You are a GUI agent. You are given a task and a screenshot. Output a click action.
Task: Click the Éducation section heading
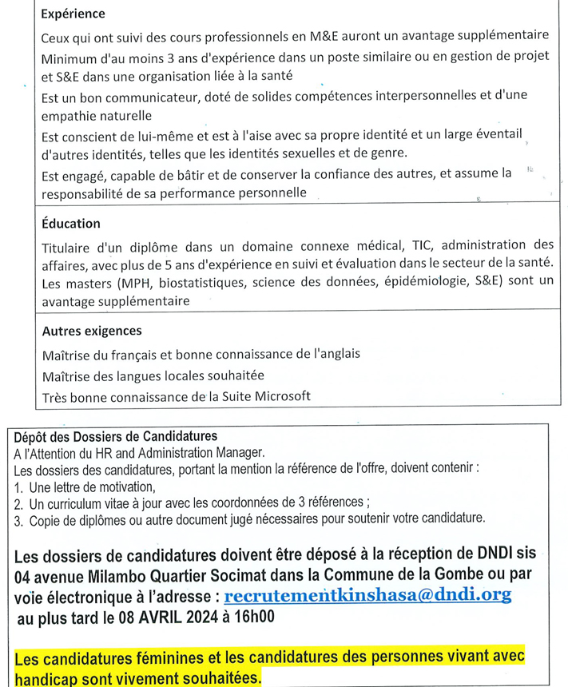point(71,224)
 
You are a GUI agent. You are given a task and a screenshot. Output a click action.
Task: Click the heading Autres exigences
point(91,331)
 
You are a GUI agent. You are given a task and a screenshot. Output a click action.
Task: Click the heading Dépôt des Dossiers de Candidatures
point(116,436)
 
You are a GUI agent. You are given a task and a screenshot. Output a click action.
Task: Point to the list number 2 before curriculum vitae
point(18,503)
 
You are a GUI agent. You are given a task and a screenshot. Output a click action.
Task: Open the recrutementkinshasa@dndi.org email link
point(368,595)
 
